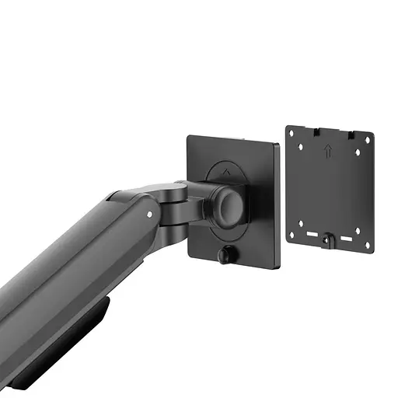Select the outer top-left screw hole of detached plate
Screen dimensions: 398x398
click(292, 133)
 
